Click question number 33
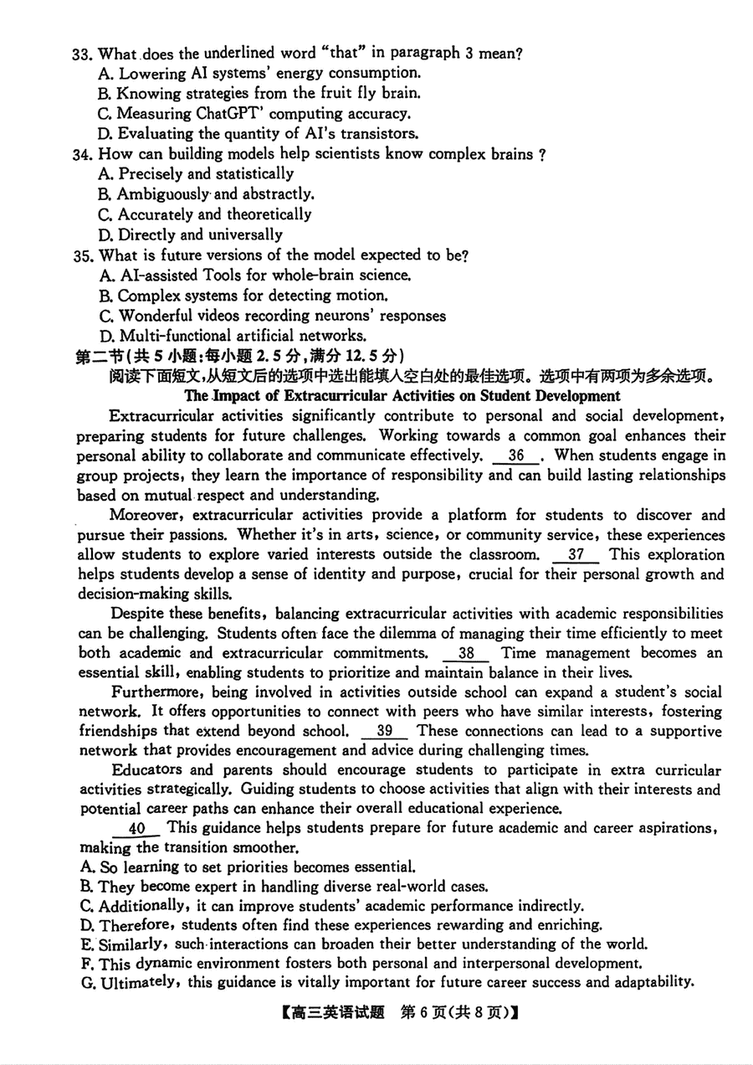coord(80,54)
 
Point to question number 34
coord(80,154)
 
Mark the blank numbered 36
coord(517,456)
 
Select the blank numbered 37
coord(576,555)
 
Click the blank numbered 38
coord(467,654)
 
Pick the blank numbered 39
coord(386,732)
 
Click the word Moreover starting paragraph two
coord(142,515)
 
